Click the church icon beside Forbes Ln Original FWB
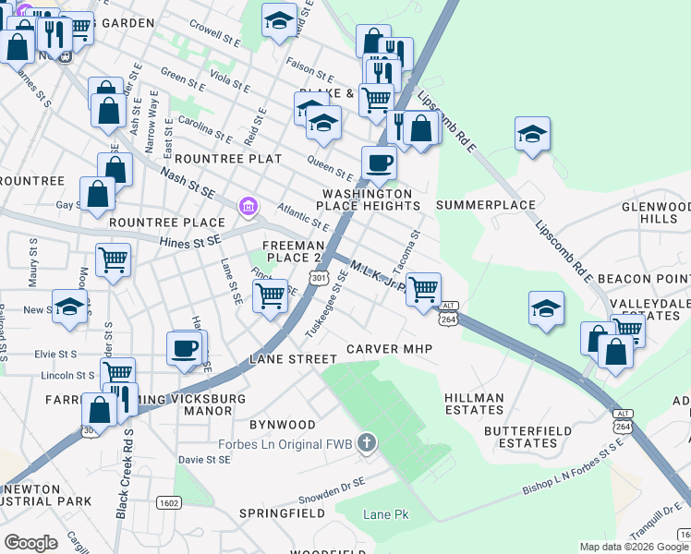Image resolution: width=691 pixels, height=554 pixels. tap(367, 444)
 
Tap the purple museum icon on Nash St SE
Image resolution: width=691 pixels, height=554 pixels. tap(247, 205)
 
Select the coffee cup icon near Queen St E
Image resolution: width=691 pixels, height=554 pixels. tap(380, 163)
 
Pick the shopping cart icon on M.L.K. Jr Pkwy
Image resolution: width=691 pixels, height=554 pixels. tap(423, 289)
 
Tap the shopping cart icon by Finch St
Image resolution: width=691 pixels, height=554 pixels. tap(270, 296)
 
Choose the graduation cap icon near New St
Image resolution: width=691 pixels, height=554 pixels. tap(69, 308)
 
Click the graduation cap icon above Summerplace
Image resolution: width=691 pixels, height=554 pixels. tap(532, 134)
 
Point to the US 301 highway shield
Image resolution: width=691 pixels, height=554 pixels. tap(320, 277)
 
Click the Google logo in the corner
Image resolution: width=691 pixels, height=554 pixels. tap(31, 543)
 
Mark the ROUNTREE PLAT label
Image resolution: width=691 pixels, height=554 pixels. tap(228, 159)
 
